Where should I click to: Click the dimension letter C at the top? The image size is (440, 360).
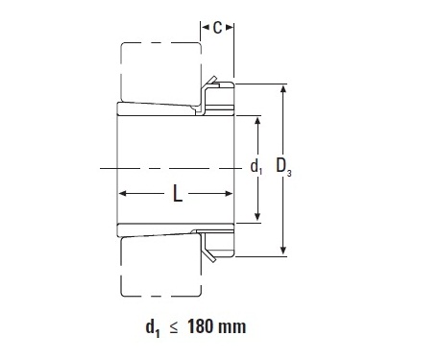[217, 28]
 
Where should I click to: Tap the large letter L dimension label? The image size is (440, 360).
[178, 193]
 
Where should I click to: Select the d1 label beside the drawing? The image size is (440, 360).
[256, 167]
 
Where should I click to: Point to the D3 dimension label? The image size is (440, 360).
[283, 167]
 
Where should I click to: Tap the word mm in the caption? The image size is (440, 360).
[232, 328]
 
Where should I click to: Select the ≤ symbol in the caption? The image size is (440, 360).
[173, 328]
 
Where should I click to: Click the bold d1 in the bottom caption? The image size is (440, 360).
[153, 328]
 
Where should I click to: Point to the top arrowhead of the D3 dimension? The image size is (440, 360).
[283, 88]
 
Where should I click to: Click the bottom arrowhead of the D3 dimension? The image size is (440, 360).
[283, 251]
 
